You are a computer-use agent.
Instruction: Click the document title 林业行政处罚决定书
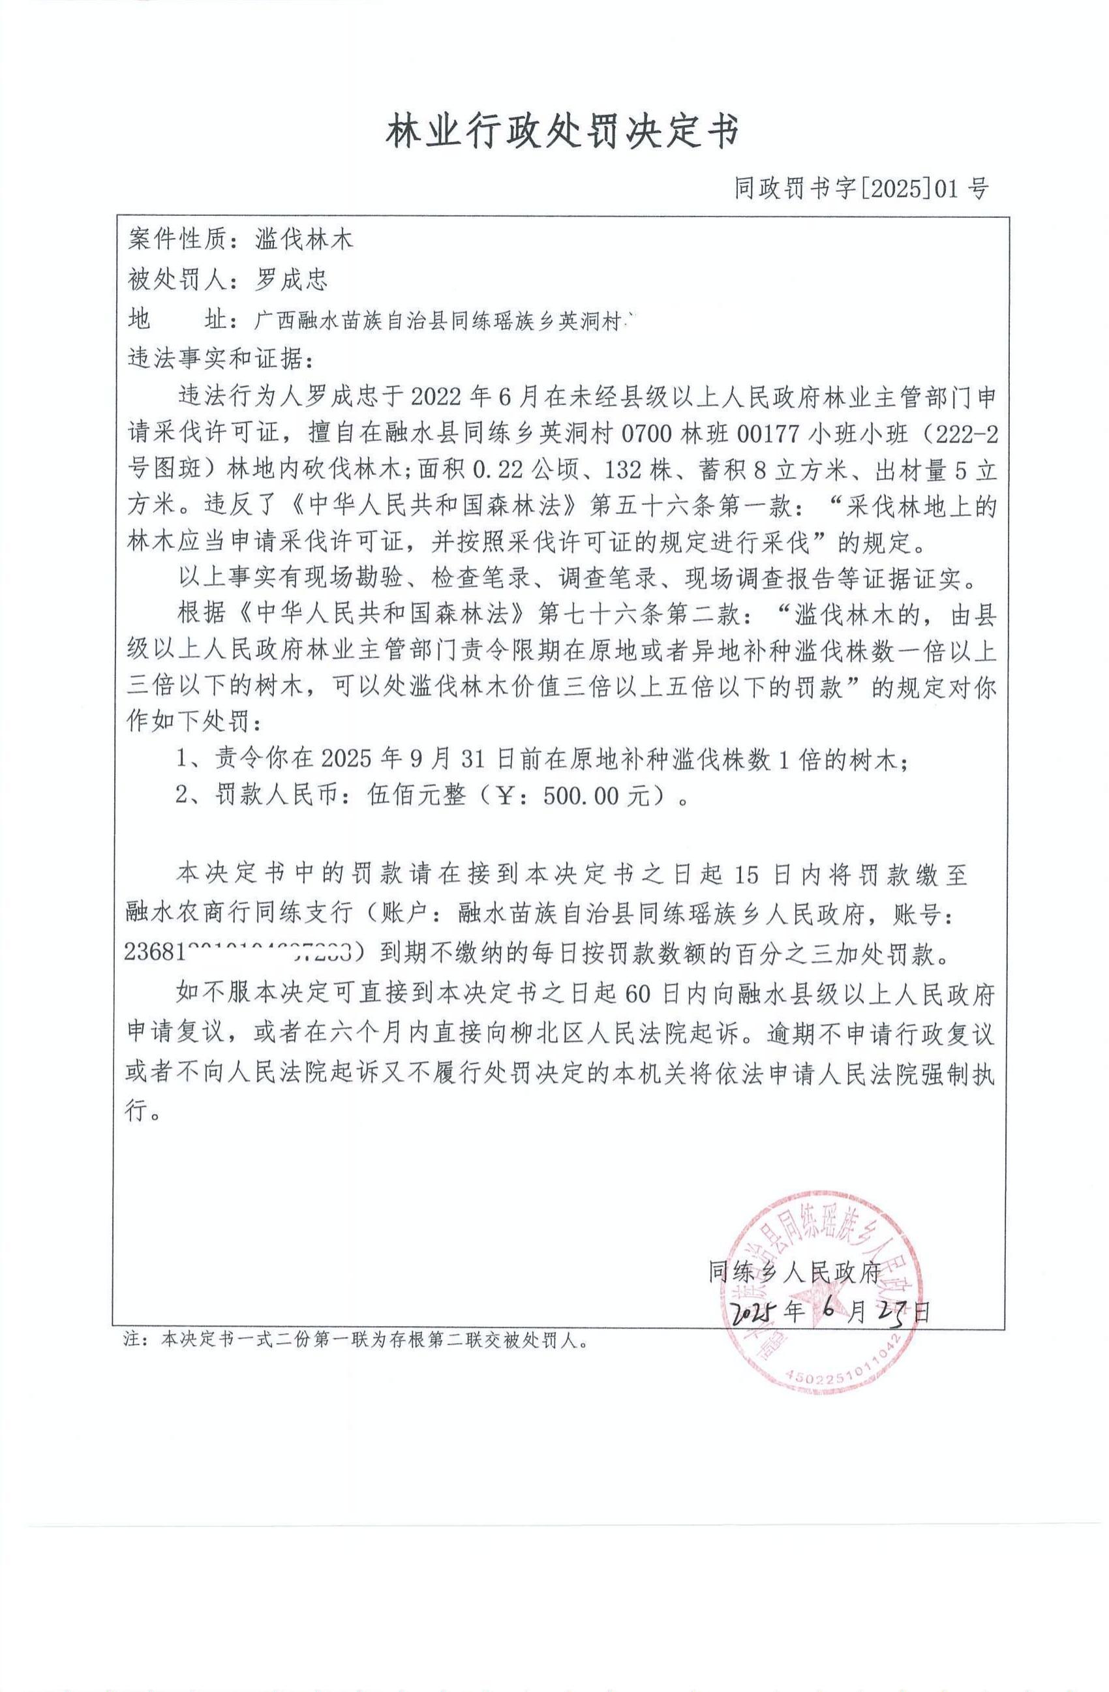click(562, 132)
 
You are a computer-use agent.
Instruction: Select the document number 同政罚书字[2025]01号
click(861, 189)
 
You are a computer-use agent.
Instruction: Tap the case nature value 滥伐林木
click(303, 239)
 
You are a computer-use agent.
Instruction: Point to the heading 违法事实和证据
click(220, 358)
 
